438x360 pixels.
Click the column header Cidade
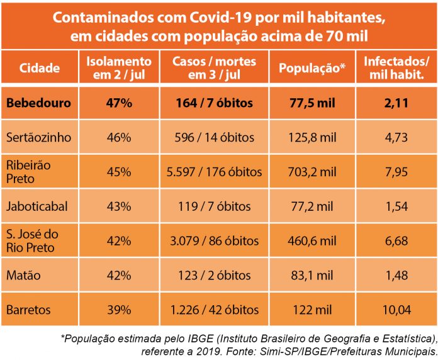[x=40, y=68]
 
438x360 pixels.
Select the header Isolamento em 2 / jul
[x=118, y=68]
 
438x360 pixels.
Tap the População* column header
[x=313, y=68]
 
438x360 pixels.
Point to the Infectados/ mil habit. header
[x=397, y=68]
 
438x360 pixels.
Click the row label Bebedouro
[x=40, y=103]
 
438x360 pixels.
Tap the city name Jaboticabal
[x=36, y=206]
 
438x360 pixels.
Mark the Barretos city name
[x=29, y=310]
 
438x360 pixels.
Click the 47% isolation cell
[x=118, y=103]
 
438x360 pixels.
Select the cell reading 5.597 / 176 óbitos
[x=215, y=172]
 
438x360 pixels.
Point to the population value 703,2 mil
[x=313, y=172]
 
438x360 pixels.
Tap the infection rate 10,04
[x=397, y=310]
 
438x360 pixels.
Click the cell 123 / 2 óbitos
[x=215, y=275]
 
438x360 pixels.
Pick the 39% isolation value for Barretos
[x=118, y=310]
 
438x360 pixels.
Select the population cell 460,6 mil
[x=313, y=241]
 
